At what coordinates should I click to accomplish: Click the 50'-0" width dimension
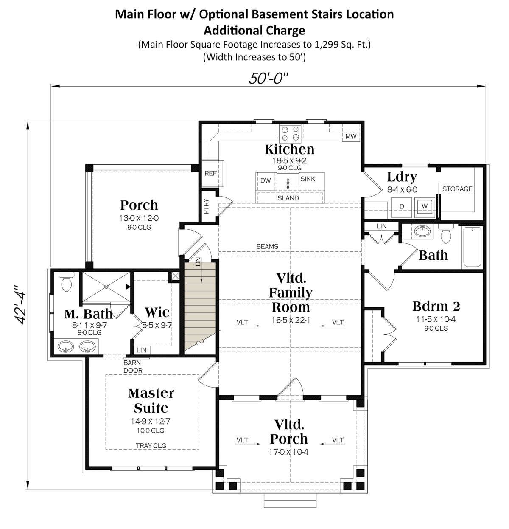click(x=268, y=79)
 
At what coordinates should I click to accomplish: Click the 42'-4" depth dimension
click(x=20, y=305)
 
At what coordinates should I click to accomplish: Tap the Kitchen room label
click(x=290, y=149)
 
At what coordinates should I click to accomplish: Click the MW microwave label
click(x=351, y=136)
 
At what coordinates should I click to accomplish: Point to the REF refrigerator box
click(x=213, y=174)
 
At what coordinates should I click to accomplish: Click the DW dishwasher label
click(x=266, y=180)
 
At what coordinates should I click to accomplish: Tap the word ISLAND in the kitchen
click(x=287, y=198)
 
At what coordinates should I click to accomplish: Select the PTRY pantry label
click(x=206, y=206)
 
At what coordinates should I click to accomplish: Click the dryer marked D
click(x=401, y=207)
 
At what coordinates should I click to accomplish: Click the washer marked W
click(x=425, y=206)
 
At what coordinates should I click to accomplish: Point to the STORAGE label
click(x=457, y=189)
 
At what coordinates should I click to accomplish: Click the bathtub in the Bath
click(x=473, y=247)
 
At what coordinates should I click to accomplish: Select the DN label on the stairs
click(x=198, y=262)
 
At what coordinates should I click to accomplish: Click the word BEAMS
click(x=267, y=246)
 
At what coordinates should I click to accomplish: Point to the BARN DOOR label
click(x=133, y=366)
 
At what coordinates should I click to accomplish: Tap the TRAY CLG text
click(x=151, y=445)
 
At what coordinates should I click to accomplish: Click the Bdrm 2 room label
click(x=436, y=306)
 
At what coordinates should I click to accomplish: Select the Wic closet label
click(x=157, y=312)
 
